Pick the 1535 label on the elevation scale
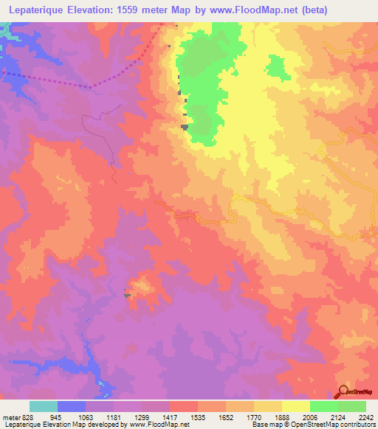(x=196, y=417)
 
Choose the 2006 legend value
(x=310, y=417)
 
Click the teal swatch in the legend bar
(x=44, y=406)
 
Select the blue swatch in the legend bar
(x=72, y=406)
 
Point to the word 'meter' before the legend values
(x=10, y=417)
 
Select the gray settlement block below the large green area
(x=184, y=127)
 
